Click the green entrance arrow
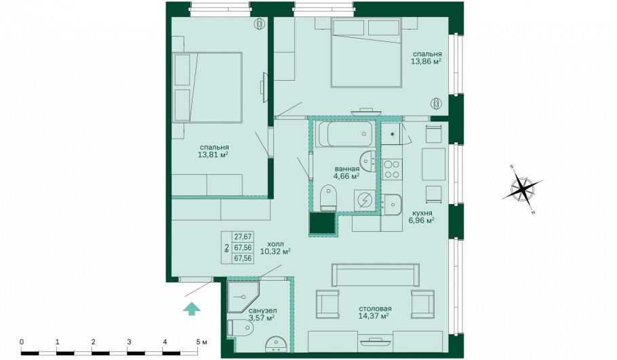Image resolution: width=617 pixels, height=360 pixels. point(192,309)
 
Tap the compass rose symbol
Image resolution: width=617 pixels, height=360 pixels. point(523,189)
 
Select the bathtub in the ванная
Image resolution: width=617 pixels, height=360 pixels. point(344,134)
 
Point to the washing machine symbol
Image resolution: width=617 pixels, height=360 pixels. point(365,200)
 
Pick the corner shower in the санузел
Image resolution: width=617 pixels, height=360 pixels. point(243,297)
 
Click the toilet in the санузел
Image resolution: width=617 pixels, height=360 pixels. point(240,327)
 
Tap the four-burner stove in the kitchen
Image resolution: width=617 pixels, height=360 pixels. point(391,169)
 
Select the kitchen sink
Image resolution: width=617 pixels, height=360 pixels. point(391,205)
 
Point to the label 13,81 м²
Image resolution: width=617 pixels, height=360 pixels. point(213,155)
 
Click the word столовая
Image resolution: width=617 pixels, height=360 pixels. point(374,308)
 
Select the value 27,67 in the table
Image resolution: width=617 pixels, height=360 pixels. point(243,237)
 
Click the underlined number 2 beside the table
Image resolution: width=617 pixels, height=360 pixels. point(226,248)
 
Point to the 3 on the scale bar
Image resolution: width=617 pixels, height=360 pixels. point(129,342)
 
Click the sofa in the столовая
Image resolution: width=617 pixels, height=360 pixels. point(376,275)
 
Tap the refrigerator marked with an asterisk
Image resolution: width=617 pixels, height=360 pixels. point(391,134)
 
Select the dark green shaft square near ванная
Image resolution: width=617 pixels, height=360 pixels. point(322,224)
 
